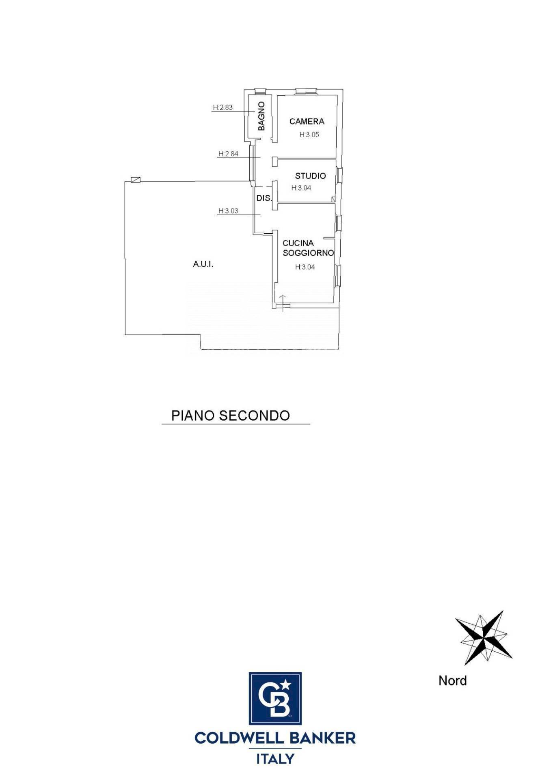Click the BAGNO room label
(261, 116)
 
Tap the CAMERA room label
(307, 121)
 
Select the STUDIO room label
(311, 176)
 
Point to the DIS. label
(264, 198)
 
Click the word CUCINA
(298, 243)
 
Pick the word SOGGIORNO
(308, 253)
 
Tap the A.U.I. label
(203, 265)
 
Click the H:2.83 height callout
(223, 108)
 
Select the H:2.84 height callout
(228, 154)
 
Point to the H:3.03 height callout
(228, 211)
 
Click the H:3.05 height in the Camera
(309, 135)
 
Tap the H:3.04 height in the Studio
(301, 188)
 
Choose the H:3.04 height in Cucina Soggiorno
(305, 267)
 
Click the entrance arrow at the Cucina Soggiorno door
(283, 303)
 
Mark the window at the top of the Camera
(306, 91)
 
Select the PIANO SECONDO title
(231, 415)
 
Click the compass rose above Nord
(483, 638)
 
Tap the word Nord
(452, 680)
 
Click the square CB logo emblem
(275, 698)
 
